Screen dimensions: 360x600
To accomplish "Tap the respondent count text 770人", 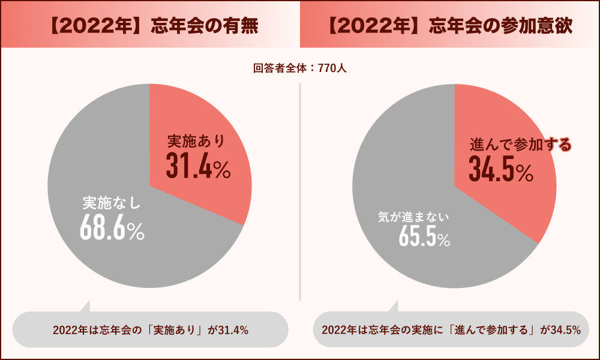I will click(x=332, y=68).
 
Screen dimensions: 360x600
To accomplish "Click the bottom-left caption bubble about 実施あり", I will click(x=151, y=329).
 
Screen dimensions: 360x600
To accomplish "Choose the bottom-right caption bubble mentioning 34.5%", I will click(x=451, y=329).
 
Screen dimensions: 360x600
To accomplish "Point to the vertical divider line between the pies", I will click(x=299, y=192).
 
